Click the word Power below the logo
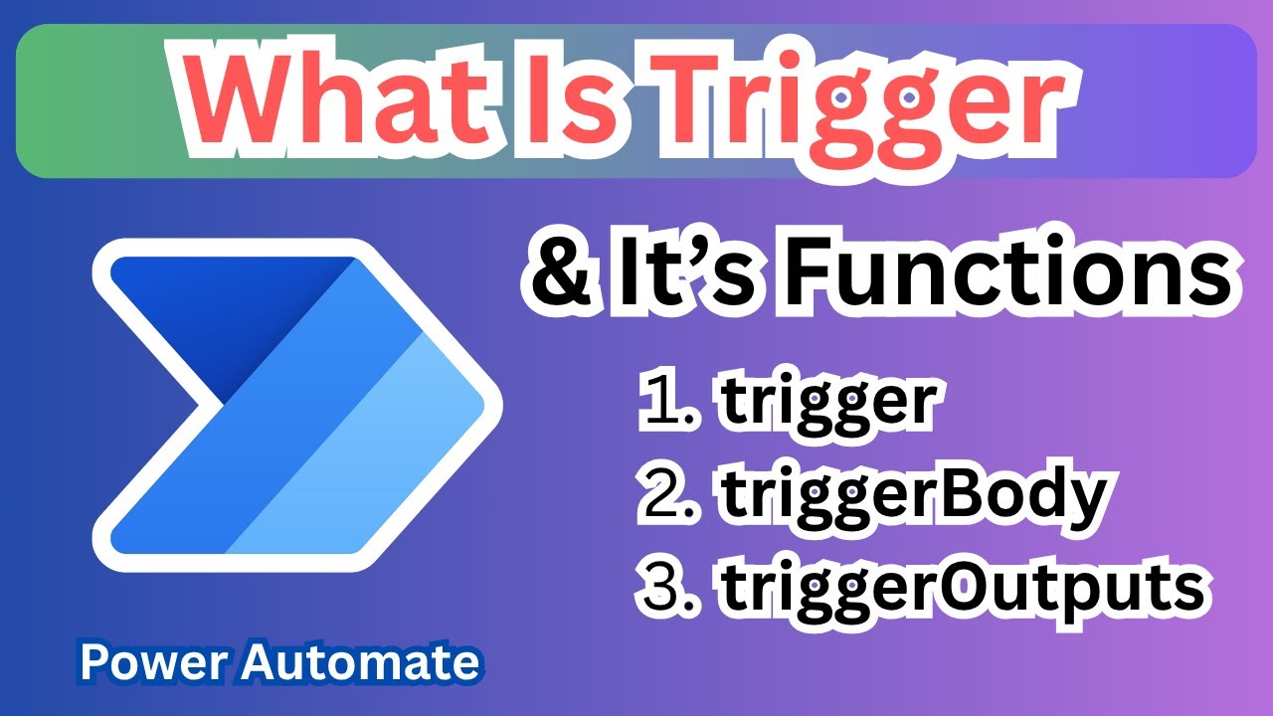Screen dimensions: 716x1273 (x=143, y=661)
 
